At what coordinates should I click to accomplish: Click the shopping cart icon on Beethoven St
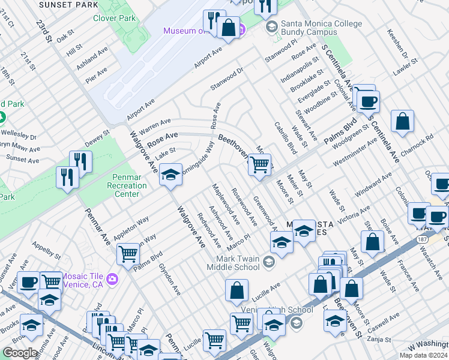[259, 165]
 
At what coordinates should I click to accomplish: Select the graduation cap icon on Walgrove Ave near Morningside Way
[171, 175]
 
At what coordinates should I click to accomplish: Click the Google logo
[20, 352]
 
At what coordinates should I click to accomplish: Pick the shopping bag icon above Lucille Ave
[237, 291]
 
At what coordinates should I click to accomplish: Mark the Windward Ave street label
[373, 184]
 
